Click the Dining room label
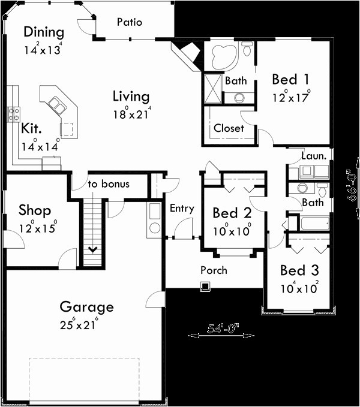pos(43,32)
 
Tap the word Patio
pos(130,22)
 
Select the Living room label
pos(131,96)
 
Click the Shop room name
pos(34,210)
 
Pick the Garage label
pos(86,307)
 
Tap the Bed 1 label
pos(291,79)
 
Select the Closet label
pos(229,128)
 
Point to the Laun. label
pos(314,156)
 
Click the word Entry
pos(182,209)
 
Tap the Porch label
pos(214,270)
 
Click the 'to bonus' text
pos(109,184)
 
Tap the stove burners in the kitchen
pos(13,113)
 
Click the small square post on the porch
pos(205,286)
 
